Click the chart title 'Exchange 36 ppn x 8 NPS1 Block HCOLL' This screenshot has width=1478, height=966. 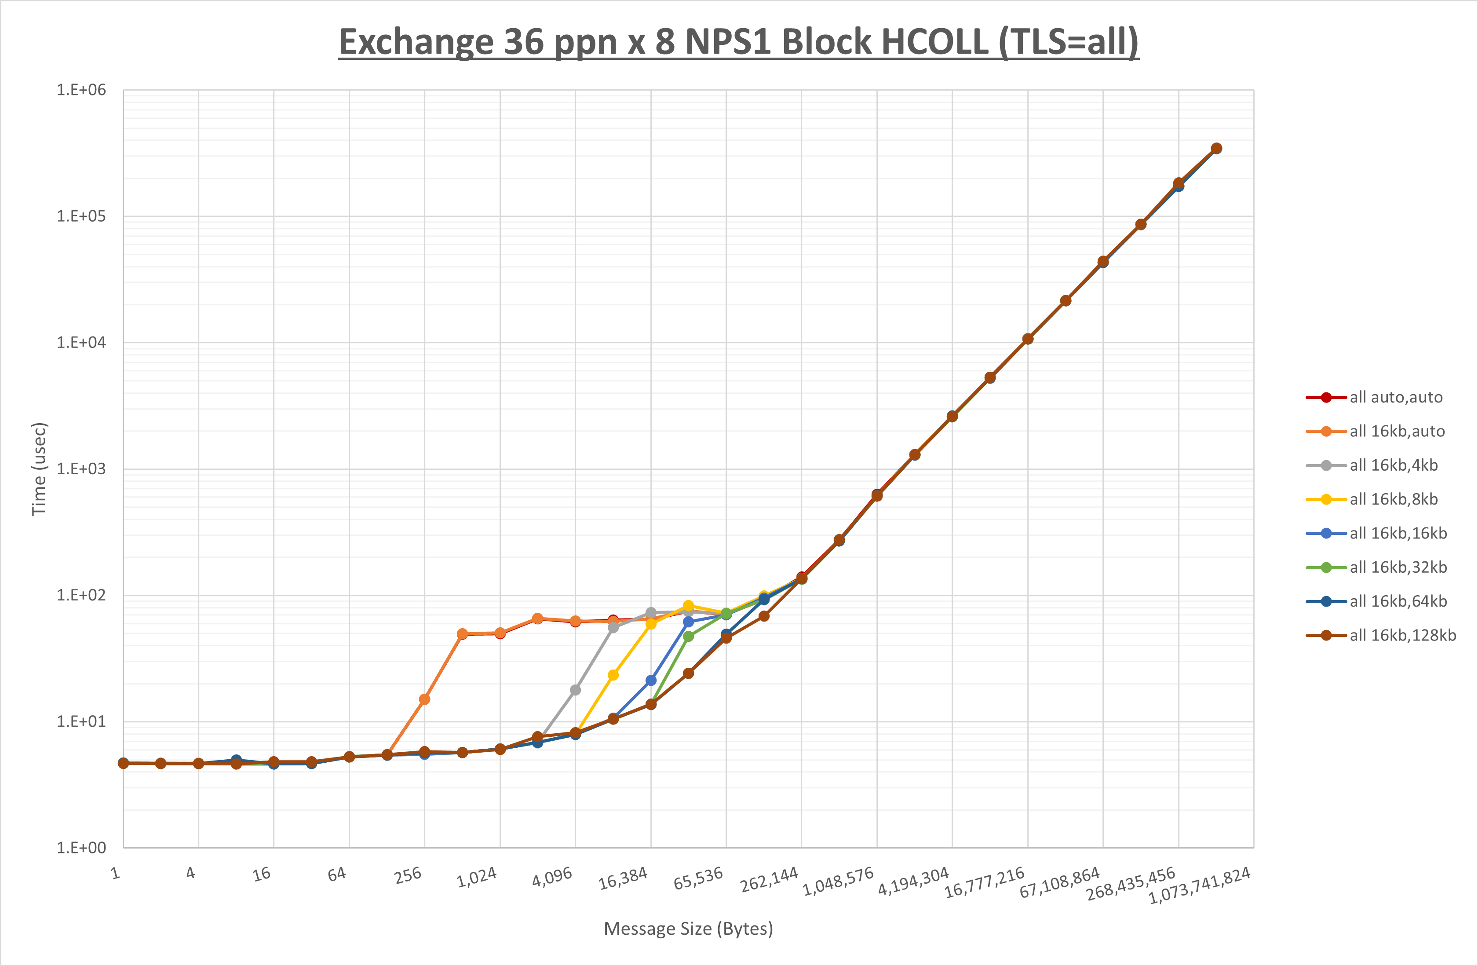(738, 42)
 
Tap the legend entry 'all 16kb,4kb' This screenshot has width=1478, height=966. (1393, 465)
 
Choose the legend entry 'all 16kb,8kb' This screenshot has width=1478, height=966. (1393, 499)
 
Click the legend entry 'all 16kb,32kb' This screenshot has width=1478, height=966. (1398, 567)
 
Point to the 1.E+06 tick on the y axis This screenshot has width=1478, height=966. (81, 90)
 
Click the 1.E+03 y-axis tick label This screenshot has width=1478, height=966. (81, 469)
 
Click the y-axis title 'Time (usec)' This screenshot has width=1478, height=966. (39, 469)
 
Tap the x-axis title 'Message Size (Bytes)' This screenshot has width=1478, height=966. (688, 929)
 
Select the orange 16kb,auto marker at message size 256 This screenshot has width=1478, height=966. (425, 699)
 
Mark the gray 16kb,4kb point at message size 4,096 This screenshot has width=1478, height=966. (576, 690)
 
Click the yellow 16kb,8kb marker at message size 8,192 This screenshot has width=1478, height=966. (613, 675)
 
